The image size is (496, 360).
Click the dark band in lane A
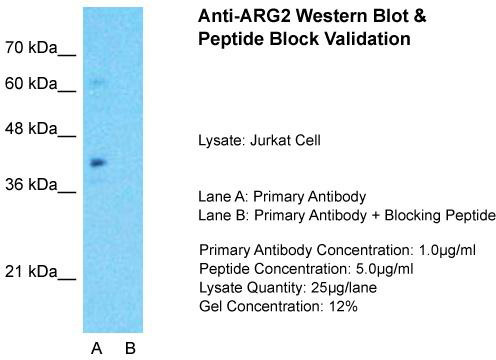pyautogui.click(x=98, y=163)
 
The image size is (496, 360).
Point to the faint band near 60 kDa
pyautogui.click(x=99, y=82)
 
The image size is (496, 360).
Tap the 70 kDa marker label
pyautogui.click(x=31, y=48)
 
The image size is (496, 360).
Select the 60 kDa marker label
pyautogui.click(x=31, y=83)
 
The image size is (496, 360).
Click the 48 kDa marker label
pyautogui.click(x=31, y=128)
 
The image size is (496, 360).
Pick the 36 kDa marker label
pyautogui.click(x=31, y=184)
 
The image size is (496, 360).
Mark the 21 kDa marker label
pyautogui.click(x=31, y=272)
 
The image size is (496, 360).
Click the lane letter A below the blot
pyautogui.click(x=97, y=348)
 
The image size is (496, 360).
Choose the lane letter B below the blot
pyautogui.click(x=130, y=348)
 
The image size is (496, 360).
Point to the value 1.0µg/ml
pyautogui.click(x=447, y=250)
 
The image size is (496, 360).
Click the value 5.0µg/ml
pyautogui.click(x=385, y=269)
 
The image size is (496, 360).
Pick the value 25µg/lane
pyautogui.click(x=344, y=287)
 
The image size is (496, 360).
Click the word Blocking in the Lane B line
pyautogui.click(x=413, y=215)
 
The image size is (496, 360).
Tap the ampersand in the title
pyautogui.click(x=419, y=16)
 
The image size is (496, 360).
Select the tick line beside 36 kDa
pyautogui.click(x=67, y=192)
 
